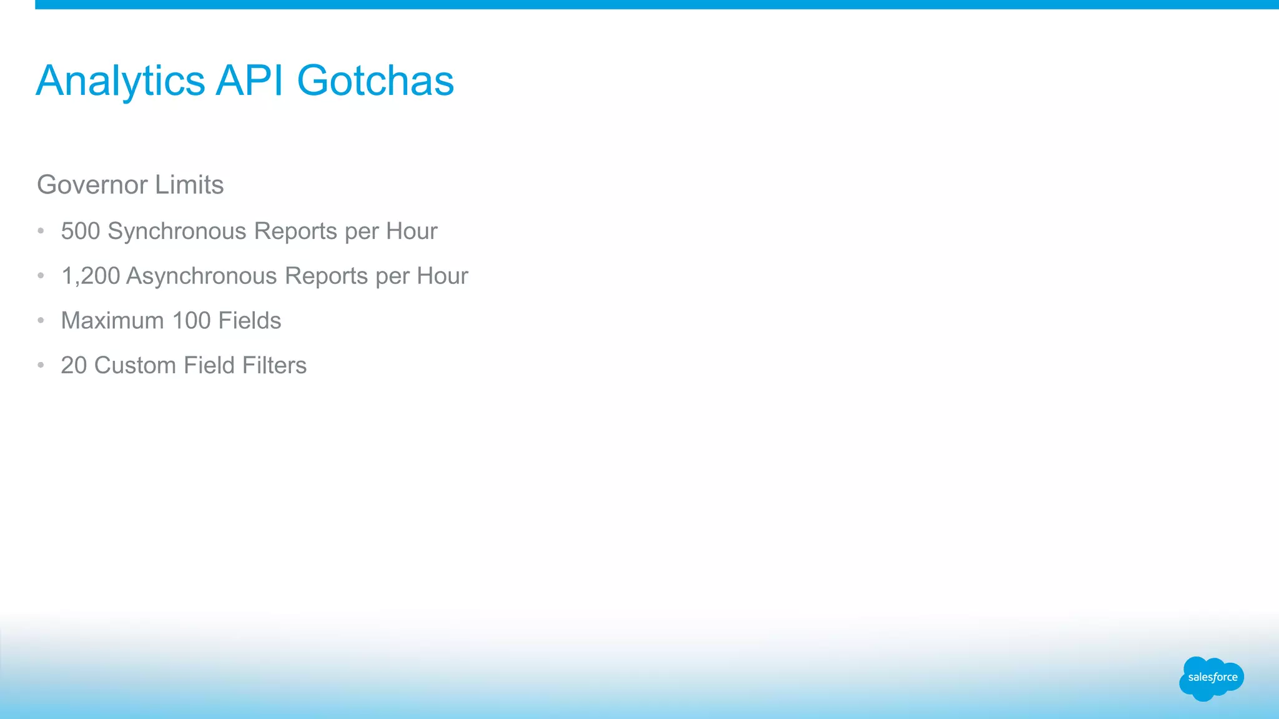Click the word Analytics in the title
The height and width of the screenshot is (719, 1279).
point(121,82)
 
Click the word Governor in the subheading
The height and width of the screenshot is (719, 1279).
point(92,185)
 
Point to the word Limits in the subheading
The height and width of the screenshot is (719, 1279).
point(189,185)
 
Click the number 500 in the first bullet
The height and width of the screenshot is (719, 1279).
point(81,231)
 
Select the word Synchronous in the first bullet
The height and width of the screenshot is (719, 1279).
point(177,232)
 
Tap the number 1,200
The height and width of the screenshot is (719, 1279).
point(91,276)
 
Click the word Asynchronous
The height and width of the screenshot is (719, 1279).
point(202,276)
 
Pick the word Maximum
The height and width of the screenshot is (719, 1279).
point(112,321)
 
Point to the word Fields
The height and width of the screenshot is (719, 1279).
point(250,321)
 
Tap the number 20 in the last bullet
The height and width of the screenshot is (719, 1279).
point(74,366)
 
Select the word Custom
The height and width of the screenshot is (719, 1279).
point(135,366)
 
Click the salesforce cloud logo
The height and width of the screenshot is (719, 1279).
point(1212,678)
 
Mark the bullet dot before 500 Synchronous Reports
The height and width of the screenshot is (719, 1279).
point(41,231)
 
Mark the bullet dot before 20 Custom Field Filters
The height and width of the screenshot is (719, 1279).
point(41,365)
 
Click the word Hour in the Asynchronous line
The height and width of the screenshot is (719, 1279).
point(442,276)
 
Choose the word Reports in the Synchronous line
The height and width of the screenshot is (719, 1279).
point(295,232)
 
